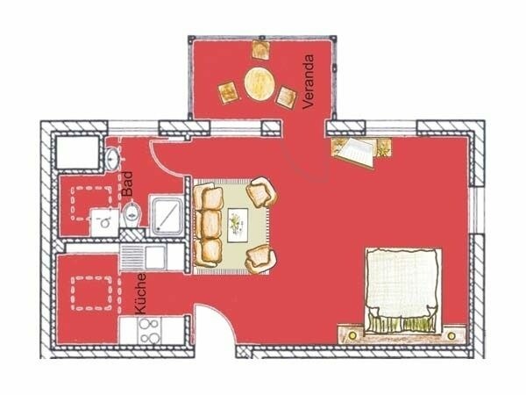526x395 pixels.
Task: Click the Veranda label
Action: tap(308, 81)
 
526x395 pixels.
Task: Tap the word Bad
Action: tap(128, 183)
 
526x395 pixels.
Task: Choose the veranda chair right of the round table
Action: tap(287, 97)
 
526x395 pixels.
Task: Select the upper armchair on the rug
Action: tap(262, 190)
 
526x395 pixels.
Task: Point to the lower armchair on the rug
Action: tap(260, 256)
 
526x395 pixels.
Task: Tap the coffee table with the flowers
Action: tap(238, 224)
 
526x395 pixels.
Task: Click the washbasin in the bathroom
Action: tap(114, 157)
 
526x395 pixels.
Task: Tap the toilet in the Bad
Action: tap(131, 212)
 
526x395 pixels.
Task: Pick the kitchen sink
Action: tap(156, 257)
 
